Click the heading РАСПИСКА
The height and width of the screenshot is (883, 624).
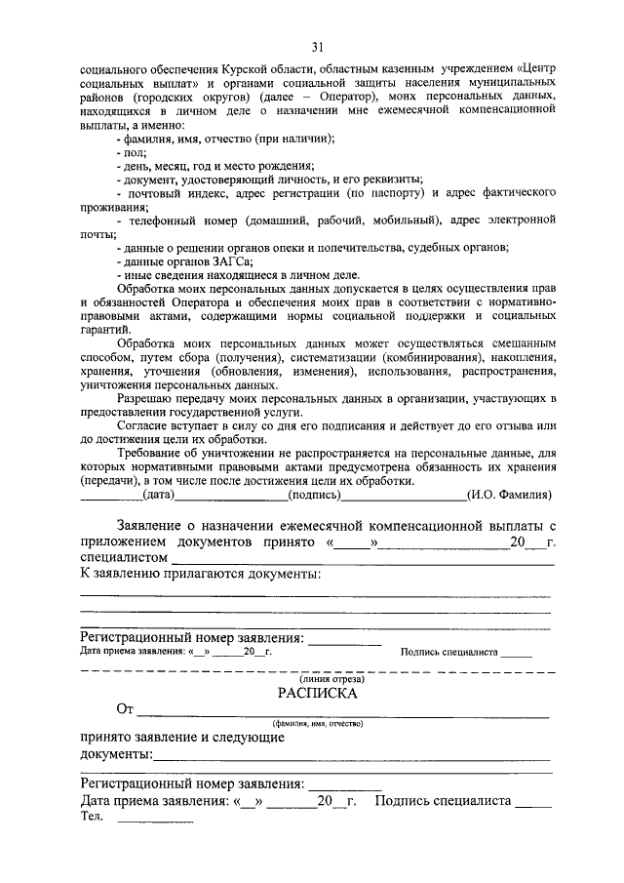[317, 694]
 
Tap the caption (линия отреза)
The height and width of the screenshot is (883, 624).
[318, 678]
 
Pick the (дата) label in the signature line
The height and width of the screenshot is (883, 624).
[158, 496]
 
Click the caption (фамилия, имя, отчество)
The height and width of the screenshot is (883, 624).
[318, 723]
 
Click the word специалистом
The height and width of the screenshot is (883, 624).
[124, 558]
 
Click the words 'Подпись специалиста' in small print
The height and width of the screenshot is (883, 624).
[449, 652]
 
